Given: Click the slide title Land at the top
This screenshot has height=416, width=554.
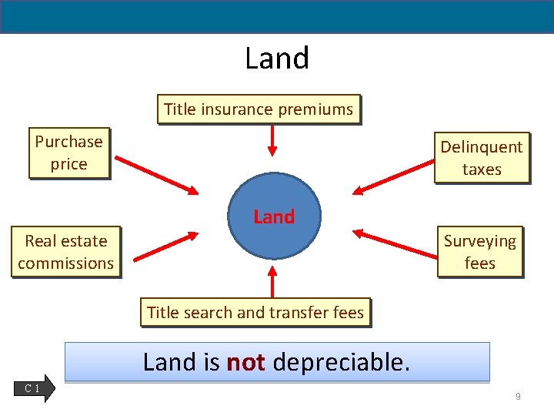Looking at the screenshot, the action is click(277, 59).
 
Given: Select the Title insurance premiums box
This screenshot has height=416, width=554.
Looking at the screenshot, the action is click(259, 109).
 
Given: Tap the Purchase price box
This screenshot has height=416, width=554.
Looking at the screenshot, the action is click(68, 153).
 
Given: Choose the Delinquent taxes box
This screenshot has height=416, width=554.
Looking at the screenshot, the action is click(482, 158).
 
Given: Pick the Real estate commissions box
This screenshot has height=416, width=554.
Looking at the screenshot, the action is click(65, 252).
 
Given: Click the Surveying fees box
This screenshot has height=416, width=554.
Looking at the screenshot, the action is click(480, 252).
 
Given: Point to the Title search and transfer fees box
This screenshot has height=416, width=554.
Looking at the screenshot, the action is click(255, 313).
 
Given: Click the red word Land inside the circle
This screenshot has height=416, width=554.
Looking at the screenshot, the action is click(274, 217).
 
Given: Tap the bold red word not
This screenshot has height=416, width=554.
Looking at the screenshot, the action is click(246, 362).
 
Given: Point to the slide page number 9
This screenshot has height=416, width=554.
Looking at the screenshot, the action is click(518, 396).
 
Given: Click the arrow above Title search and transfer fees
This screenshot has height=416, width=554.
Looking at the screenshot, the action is click(272, 282).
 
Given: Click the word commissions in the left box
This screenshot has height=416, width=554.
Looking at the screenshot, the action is click(65, 263).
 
